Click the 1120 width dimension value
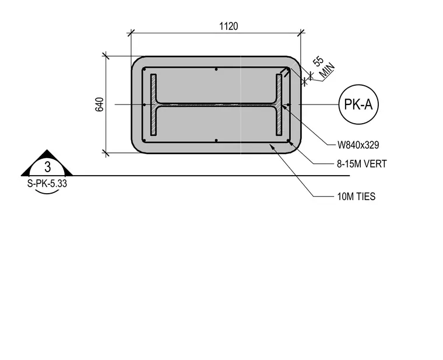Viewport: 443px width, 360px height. pos(228,26)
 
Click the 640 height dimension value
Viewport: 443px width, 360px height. pos(100,104)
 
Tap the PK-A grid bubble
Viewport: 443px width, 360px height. pos(358,104)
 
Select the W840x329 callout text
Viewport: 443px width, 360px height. pos(358,145)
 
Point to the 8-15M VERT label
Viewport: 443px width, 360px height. pos(361,164)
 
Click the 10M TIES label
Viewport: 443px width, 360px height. pos(356,196)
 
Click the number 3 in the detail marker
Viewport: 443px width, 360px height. pos(47,167)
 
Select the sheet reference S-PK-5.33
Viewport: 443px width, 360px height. pos(47,184)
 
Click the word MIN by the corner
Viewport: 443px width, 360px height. pos(327,70)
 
